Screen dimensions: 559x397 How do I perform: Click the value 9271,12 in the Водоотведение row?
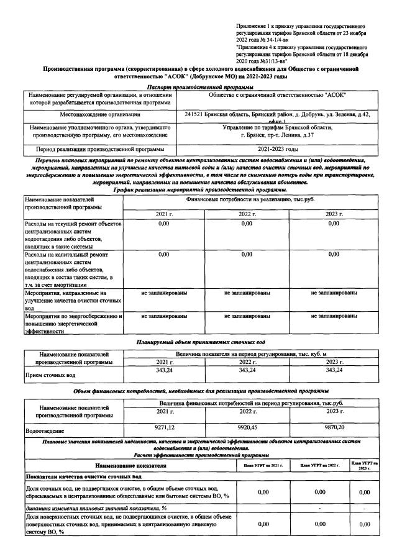pyautogui.click(x=163, y=428)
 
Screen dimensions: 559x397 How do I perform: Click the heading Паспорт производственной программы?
pyautogui.click(x=198, y=88)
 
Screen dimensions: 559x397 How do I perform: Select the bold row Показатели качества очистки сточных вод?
pyautogui.click(x=84, y=476)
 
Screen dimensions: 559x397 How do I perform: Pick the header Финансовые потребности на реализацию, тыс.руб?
pyautogui.click(x=249, y=201)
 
